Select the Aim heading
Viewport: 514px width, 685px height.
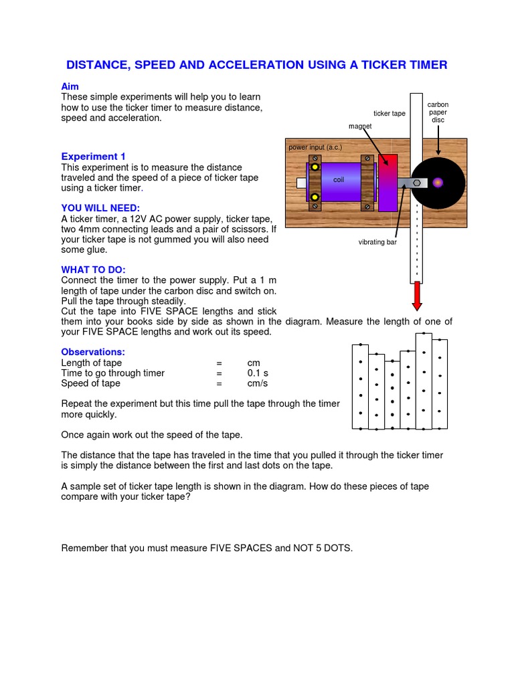70,87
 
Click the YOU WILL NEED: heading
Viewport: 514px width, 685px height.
100,209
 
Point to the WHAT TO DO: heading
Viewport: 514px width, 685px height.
93,270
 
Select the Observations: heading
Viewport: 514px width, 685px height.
93,352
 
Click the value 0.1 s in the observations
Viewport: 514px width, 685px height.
258,373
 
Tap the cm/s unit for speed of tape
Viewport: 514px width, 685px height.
257,383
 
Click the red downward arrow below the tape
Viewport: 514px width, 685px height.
417,295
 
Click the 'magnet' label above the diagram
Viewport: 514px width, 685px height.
360,126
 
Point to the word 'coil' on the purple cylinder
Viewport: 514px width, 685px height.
338,180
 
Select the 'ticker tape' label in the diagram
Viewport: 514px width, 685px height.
389,114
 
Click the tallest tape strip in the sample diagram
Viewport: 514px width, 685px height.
424,381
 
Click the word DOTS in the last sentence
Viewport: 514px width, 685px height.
338,548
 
